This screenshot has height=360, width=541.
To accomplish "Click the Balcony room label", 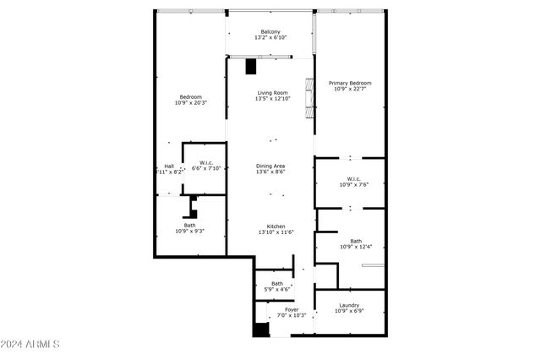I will [x=270, y=32].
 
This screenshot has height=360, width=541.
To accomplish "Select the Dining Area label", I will [x=270, y=166].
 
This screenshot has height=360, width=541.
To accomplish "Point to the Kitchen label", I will [x=276, y=226].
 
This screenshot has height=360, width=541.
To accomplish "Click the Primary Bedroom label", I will [x=349, y=83].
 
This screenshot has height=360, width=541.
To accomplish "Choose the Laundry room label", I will [x=349, y=305].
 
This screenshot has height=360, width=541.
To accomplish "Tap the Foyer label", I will [x=291, y=309].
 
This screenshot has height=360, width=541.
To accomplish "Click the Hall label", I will [x=169, y=166].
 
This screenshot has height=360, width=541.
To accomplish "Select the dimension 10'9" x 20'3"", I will [x=191, y=103].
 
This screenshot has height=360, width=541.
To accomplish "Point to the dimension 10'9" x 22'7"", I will [x=349, y=90].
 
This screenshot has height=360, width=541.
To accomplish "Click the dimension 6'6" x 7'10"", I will [x=205, y=168].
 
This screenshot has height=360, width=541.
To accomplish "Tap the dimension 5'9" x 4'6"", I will [x=277, y=290].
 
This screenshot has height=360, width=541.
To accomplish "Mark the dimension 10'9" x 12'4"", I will [x=356, y=247].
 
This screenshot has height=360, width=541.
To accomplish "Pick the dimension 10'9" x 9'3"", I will [x=190, y=231].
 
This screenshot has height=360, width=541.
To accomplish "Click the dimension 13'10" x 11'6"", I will [x=276, y=232].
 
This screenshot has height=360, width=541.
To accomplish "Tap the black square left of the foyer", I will [x=261, y=330].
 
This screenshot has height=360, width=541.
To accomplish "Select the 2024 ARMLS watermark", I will [x=30, y=345].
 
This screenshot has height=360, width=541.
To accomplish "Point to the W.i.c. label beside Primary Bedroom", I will [x=353, y=178].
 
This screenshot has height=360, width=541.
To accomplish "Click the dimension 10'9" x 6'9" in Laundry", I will [x=349, y=311].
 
